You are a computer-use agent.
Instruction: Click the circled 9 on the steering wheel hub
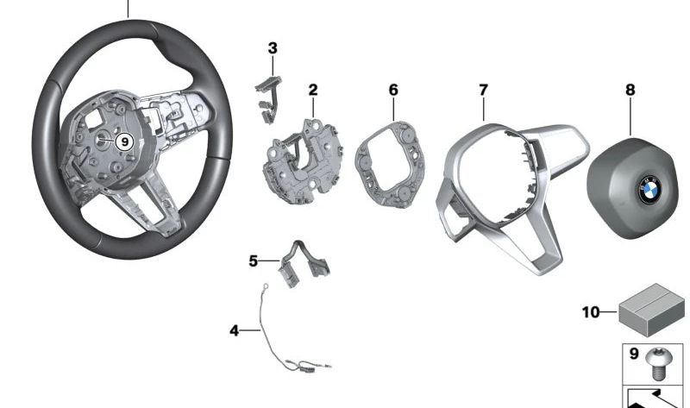coord(124,141)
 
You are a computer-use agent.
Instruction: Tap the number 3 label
coord(273,48)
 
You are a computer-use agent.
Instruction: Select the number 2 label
coord(313,90)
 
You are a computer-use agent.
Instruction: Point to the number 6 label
coord(393,90)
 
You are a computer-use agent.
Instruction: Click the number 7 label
coord(484,90)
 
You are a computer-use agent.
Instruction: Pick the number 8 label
coord(630,90)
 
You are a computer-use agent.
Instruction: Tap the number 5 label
coord(254,260)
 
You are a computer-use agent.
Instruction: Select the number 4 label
coord(234,330)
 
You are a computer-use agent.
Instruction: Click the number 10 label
coord(591,311)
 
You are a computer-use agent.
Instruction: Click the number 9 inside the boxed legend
coord(634,354)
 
